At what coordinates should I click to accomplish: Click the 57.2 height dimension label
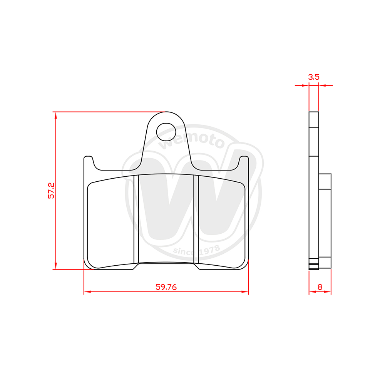[51, 191]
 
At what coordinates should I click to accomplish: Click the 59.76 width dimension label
[166, 287]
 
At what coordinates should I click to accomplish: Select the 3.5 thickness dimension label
[314, 77]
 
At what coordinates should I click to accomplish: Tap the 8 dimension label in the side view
[320, 287]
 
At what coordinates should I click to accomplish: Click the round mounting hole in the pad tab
[166, 132]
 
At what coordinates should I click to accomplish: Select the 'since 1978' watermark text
[196, 250]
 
